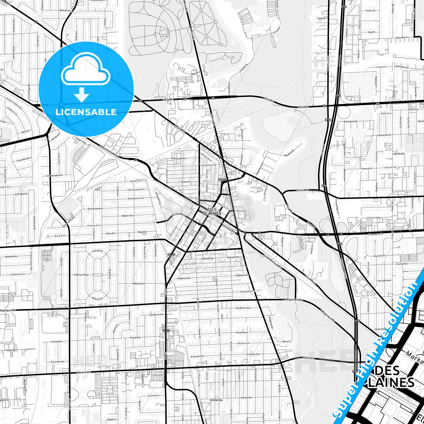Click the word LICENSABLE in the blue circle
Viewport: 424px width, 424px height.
(x=86, y=112)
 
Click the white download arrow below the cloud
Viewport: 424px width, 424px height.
(x=82, y=94)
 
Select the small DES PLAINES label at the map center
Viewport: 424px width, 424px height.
(x=212, y=211)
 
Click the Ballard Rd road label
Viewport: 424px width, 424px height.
(x=303, y=190)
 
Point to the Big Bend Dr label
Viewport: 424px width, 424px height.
(x=289, y=153)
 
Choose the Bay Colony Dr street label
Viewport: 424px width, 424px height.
(x=350, y=121)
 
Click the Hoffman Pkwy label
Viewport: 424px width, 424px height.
(x=81, y=275)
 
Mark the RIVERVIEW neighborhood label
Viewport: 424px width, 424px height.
(x=216, y=400)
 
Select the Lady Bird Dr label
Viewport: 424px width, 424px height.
(x=399, y=153)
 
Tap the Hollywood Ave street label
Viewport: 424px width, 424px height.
(x=136, y=190)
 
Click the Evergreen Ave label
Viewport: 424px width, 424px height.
(x=179, y=158)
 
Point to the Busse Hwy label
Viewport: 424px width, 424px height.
(x=310, y=279)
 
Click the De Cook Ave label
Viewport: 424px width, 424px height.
(x=384, y=281)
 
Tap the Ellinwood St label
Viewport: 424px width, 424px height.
(x=228, y=228)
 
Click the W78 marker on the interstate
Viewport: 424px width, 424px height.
(x=328, y=120)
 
